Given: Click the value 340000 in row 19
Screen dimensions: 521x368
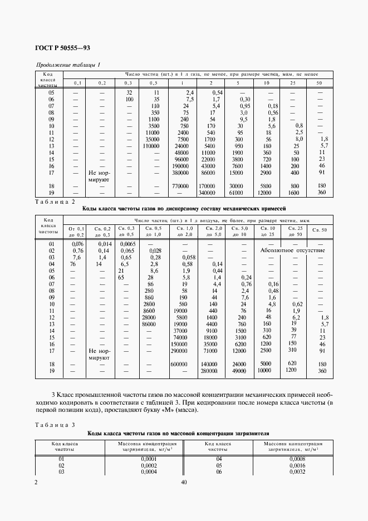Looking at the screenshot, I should pyautogui.click(x=207, y=193).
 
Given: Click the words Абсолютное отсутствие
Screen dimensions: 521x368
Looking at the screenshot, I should pyautogui.click(x=292, y=250).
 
